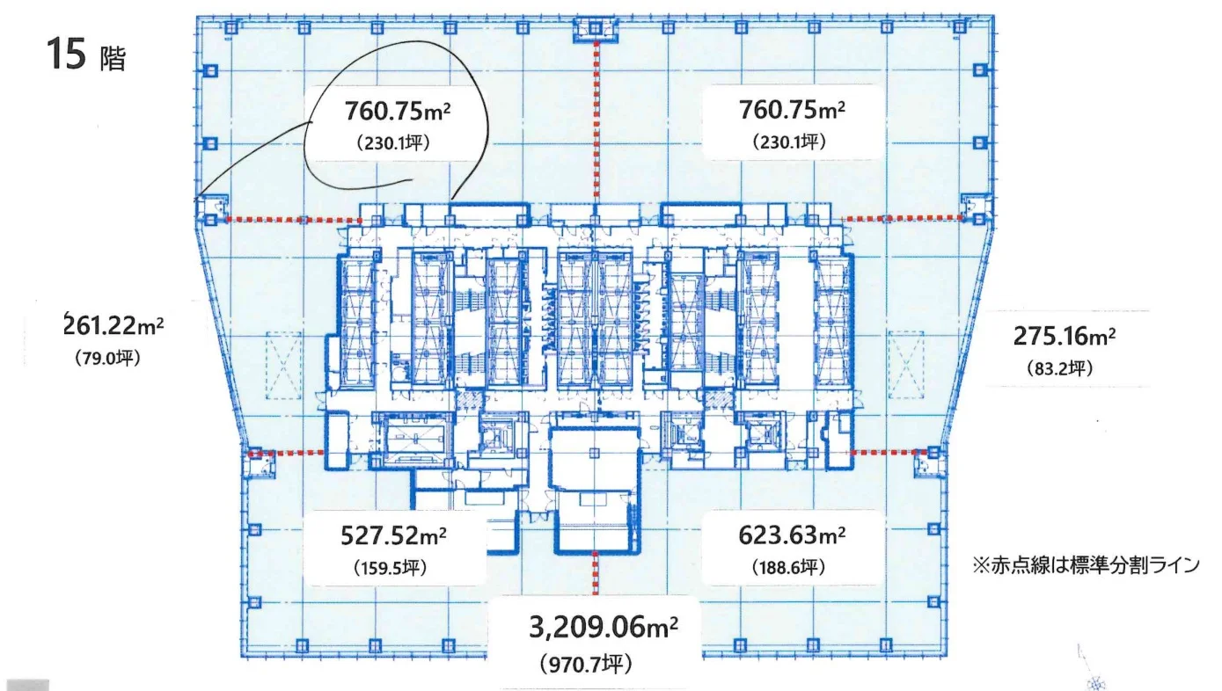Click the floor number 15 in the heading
tap(67, 54)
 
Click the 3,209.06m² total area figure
tap(604, 627)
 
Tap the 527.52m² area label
tap(393, 535)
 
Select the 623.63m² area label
tap(792, 535)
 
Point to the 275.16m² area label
tap(1065, 336)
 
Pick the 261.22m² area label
tap(113, 326)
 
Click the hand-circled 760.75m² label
tap(397, 111)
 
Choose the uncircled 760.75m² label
tap(792, 110)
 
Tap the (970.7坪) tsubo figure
tap(587, 665)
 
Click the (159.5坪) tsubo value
tap(391, 568)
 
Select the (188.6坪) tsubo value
tap(789, 568)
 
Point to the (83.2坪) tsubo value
tap(1060, 368)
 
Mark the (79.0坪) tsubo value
tap(108, 358)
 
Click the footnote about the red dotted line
tap(1086, 565)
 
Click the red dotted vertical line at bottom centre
tap(596, 572)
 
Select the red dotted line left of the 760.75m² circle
tap(294, 220)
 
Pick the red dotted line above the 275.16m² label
tap(903, 218)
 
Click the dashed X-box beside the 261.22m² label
tap(283, 365)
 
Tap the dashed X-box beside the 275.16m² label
tap(906, 365)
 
